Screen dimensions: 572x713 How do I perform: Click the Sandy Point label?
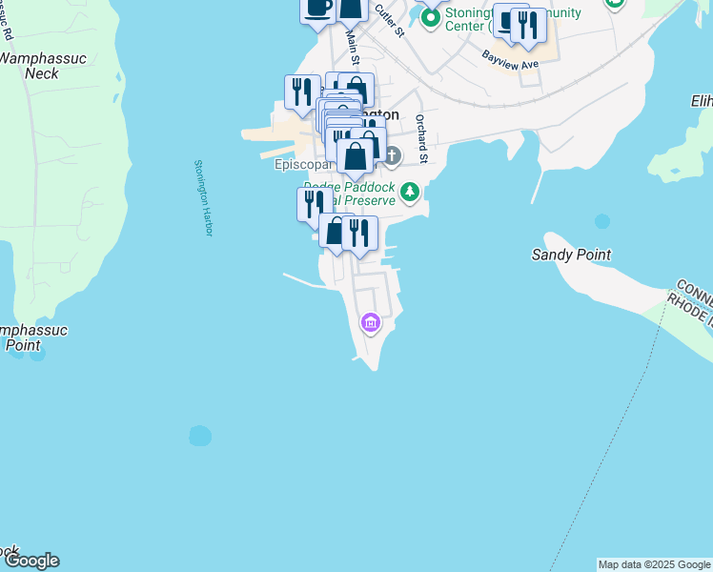coord(571,255)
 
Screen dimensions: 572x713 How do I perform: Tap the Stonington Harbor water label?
coord(200,198)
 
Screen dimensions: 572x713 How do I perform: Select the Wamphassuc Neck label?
coord(42,66)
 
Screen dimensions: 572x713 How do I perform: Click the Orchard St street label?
coord(420,138)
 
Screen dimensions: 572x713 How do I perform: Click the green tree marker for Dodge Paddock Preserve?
coord(410,193)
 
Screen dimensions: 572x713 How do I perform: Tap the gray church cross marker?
coord(392,154)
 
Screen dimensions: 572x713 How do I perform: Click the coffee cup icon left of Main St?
coord(318,8)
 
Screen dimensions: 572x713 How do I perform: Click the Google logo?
coord(31,561)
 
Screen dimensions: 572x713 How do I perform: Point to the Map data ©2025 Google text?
coord(654,564)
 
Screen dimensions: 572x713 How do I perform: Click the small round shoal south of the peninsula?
coord(200,436)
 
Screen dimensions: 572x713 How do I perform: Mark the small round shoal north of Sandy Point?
coord(601,221)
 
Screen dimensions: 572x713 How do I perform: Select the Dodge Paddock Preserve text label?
coord(349,194)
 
